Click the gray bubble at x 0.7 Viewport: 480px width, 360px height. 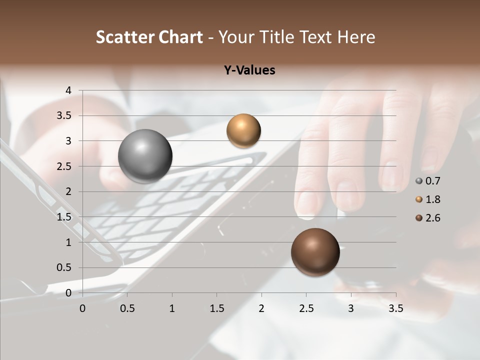145,156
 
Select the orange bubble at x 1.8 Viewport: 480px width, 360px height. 243,130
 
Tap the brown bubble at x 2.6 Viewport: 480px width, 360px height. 315,252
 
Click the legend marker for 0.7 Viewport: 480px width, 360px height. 419,181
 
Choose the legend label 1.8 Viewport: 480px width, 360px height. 432,199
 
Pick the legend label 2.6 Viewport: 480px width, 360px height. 432,218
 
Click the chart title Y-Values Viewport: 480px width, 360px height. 249,70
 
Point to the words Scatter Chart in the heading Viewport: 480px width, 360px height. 149,37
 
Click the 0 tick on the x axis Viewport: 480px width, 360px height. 82,308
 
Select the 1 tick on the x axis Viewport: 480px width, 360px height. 172,308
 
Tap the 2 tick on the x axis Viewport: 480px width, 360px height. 261,308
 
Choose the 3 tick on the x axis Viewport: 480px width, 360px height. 351,308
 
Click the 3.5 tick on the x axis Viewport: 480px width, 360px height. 395,308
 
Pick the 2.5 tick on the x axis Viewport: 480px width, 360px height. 306,308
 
